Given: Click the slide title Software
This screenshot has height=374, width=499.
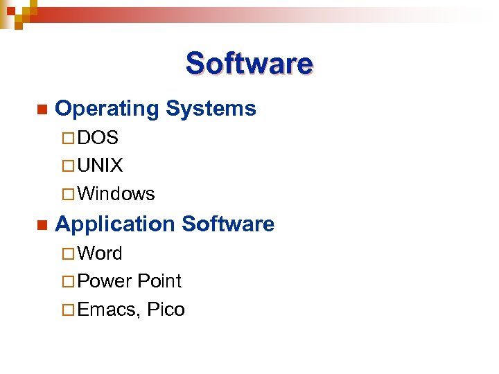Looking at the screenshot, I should coord(249,64).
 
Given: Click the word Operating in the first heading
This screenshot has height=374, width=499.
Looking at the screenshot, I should coord(107,109).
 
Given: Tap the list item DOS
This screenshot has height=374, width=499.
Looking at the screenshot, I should coord(98,138).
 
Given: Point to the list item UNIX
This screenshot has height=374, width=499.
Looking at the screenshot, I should coord(100,166).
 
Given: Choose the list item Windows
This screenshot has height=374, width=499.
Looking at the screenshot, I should coord(116,194).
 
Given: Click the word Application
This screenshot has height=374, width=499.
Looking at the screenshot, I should coord(115,224).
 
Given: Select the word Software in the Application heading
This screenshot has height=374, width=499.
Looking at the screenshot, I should coord(227,224).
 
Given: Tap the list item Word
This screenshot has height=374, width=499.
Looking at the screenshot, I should coord(100,253).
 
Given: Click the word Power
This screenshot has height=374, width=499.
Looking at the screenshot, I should coord(105,281).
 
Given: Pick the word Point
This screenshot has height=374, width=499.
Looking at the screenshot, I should coord(159,281).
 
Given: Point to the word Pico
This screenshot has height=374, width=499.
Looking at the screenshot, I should coord(166,310).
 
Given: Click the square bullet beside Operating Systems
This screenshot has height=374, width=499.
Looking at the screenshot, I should coord(42,109).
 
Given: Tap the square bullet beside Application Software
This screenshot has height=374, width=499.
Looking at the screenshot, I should coord(42,225).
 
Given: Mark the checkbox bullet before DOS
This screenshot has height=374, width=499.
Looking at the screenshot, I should coord(69,139).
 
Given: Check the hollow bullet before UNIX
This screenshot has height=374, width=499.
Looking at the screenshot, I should coord(69,166).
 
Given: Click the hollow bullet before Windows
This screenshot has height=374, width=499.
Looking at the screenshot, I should coord(69,195).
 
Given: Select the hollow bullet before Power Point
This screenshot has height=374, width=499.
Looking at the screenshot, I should coord(69,282).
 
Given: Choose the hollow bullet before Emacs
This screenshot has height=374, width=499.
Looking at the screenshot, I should coord(69,310).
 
